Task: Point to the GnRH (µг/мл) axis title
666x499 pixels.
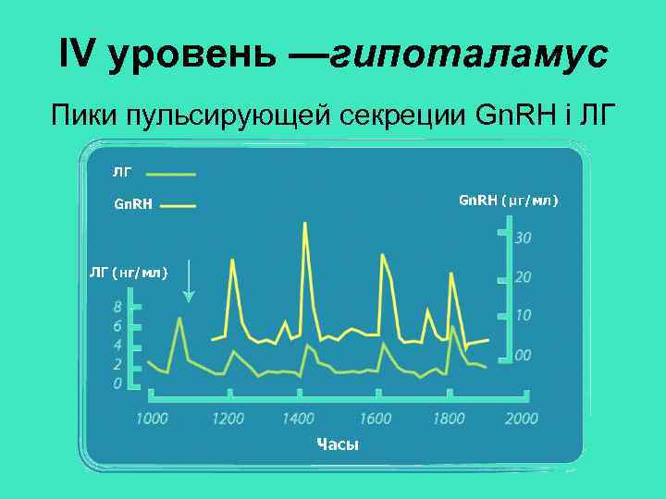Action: pos(509,201)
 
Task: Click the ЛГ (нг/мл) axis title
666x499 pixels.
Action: pos(128,272)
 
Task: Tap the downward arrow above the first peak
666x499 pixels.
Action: pos(189,282)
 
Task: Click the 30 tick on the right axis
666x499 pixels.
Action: pos(523,238)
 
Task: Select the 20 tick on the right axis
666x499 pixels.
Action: pos(523,277)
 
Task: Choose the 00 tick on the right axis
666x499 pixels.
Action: pos(523,355)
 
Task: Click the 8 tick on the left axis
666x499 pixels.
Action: pos(118,306)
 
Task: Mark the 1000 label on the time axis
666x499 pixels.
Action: pos(152,419)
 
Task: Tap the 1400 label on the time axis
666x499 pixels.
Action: pos(299,419)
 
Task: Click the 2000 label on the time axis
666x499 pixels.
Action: pos(521,419)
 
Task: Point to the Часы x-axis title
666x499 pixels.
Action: pos(337,445)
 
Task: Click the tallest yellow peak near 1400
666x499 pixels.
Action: pos(304,225)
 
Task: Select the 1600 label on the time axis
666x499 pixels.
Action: pos(375,419)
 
